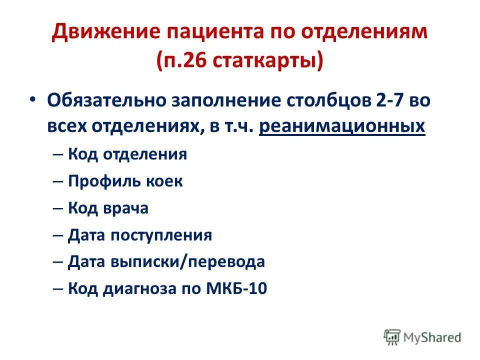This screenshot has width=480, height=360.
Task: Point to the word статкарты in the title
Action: click(265, 61)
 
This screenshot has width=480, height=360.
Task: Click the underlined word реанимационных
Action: click(342, 126)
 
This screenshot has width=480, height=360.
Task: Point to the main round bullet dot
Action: click(32, 99)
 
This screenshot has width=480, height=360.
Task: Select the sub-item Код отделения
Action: click(127, 154)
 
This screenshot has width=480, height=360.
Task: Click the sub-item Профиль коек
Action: click(125, 181)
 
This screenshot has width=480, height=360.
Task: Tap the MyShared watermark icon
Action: click(392, 337)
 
